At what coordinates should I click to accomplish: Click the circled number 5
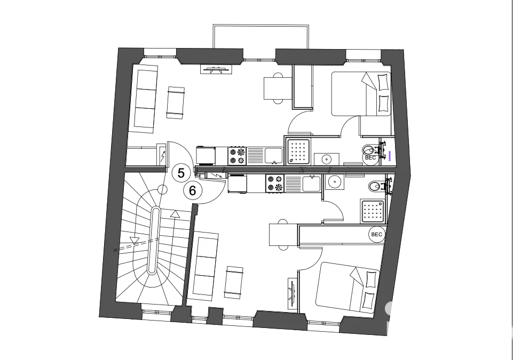point(181,173)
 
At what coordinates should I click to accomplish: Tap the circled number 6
point(192,190)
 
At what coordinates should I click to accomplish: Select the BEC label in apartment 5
point(370,158)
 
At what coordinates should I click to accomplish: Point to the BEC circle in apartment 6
point(377,235)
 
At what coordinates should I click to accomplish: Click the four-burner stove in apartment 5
point(237,156)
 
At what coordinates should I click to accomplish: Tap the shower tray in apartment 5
point(298,151)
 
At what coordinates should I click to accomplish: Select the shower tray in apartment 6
point(373,211)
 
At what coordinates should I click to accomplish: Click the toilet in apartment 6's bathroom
point(376,187)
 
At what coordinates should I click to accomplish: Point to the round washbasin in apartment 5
point(326,159)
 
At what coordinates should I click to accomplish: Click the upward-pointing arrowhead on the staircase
point(176,214)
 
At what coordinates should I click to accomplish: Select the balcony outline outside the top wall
point(261,36)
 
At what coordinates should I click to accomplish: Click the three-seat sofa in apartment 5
point(145,99)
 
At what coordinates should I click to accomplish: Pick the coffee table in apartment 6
point(234,282)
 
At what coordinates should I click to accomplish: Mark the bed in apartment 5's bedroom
point(361,94)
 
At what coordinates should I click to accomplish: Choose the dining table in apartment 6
point(283,235)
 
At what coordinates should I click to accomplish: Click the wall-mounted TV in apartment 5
point(216,69)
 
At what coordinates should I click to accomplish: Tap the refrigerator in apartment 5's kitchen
point(206,156)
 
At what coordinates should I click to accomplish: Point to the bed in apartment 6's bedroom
point(348,286)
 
